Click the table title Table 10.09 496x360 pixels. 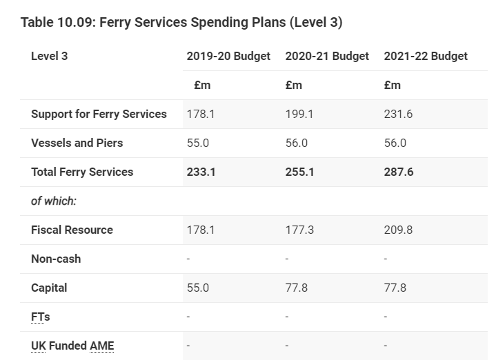(181, 22)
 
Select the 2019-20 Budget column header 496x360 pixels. (228, 56)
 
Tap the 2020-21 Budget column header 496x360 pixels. (327, 56)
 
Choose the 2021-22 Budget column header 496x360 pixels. (426, 56)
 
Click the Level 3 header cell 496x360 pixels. (49, 56)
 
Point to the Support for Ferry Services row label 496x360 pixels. (99, 114)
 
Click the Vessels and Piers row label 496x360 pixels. (77, 143)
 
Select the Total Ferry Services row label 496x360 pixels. (82, 172)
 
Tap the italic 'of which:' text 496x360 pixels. (54, 201)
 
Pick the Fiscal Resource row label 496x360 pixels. (72, 230)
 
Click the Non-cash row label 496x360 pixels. (56, 259)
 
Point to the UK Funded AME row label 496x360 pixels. (72, 346)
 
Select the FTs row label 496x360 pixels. (41, 317)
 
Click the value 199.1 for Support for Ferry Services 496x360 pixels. (299, 114)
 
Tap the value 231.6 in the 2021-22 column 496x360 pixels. (398, 114)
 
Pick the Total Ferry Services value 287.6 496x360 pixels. (399, 172)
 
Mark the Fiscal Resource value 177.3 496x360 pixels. (299, 230)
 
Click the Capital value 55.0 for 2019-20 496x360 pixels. (198, 288)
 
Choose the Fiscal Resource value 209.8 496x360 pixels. (398, 230)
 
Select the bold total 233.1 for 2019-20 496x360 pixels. (201, 172)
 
